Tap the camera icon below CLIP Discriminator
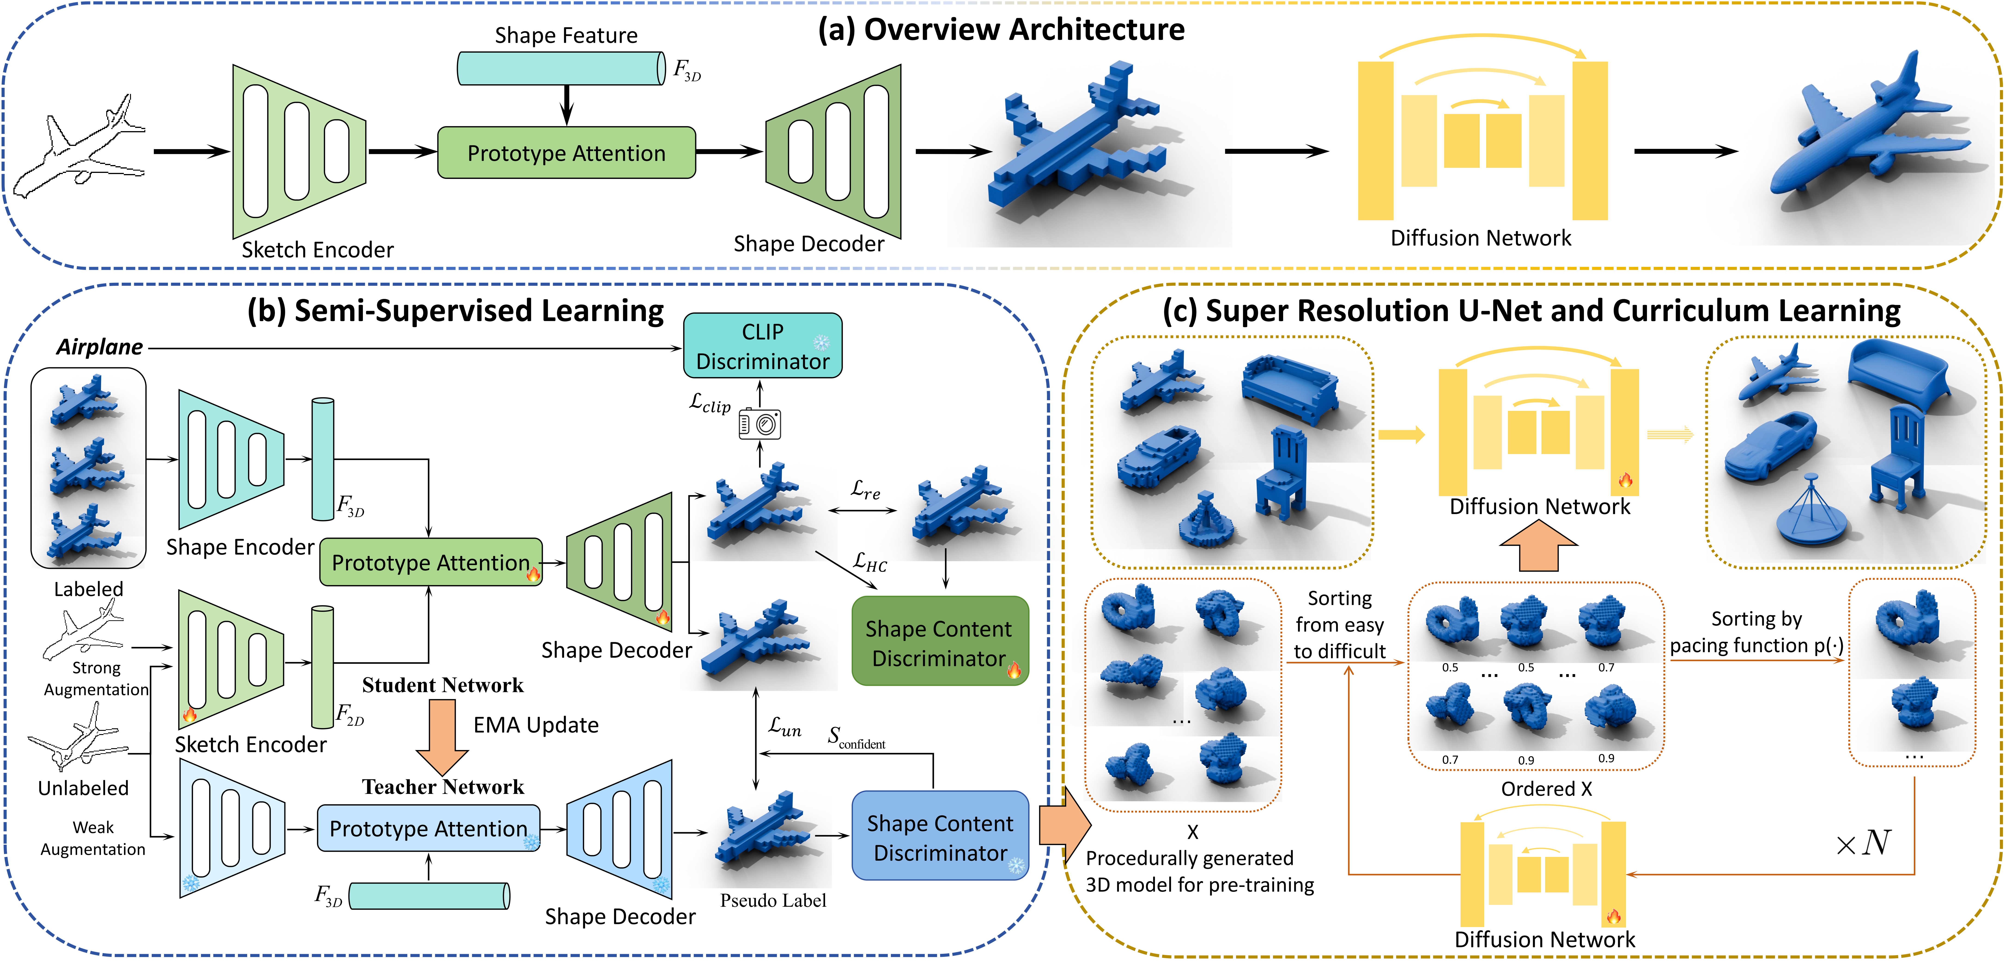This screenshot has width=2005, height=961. pos(760,423)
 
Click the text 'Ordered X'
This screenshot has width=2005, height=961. pos(1546,789)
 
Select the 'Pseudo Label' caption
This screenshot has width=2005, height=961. pos(773,900)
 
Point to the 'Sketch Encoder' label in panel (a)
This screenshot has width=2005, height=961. pos(318,250)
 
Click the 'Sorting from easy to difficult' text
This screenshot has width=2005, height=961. pos(1340,625)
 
